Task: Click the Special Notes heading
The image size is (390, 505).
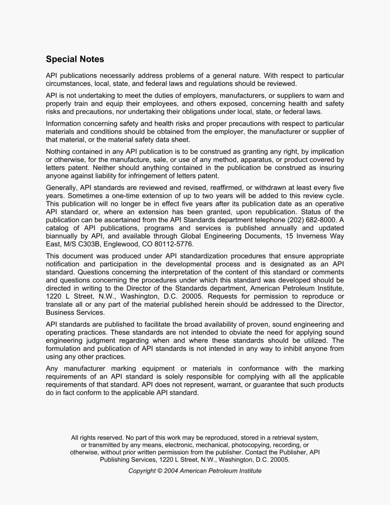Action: tap(75, 59)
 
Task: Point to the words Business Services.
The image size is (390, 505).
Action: tap(75, 312)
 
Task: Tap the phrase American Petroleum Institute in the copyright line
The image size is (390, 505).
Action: tap(220, 471)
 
